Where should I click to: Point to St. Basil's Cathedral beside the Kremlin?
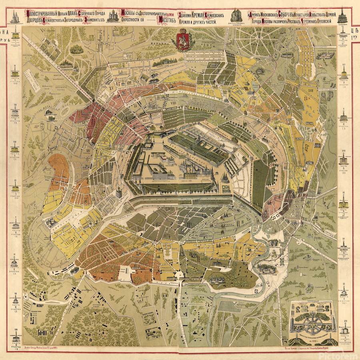coord(225,176)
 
